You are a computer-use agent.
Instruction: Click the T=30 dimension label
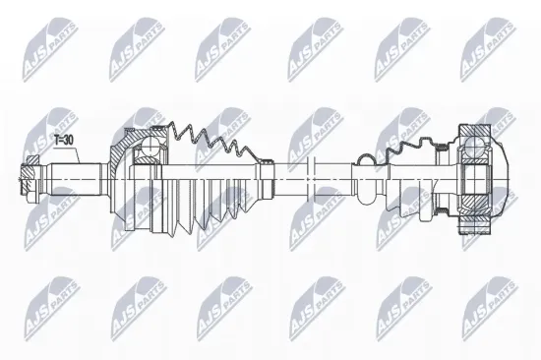point(64,140)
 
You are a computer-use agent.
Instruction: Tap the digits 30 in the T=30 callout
point(69,140)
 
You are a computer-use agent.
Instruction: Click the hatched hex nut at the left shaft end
point(30,178)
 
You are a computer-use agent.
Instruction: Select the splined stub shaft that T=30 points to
point(76,179)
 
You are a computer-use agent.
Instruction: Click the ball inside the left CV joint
point(150,146)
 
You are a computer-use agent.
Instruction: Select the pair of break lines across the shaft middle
point(311,179)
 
